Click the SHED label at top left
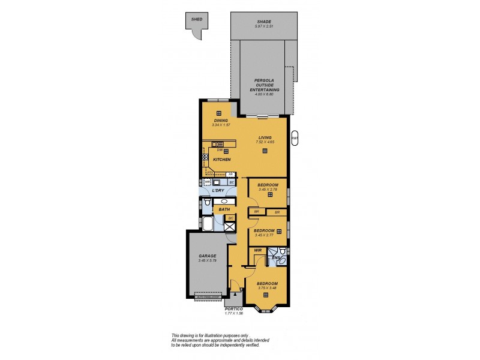196,20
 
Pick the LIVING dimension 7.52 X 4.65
265,142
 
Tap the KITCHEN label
222,160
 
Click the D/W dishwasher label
212,150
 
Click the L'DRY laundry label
218,190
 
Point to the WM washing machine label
208,181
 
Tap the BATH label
224,209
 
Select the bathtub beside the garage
208,224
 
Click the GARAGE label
208,256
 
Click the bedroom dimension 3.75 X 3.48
267,288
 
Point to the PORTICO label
233,308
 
